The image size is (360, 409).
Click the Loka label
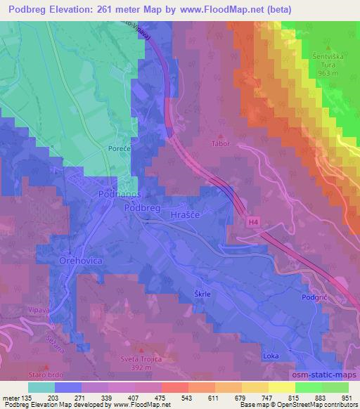click(271, 356)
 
